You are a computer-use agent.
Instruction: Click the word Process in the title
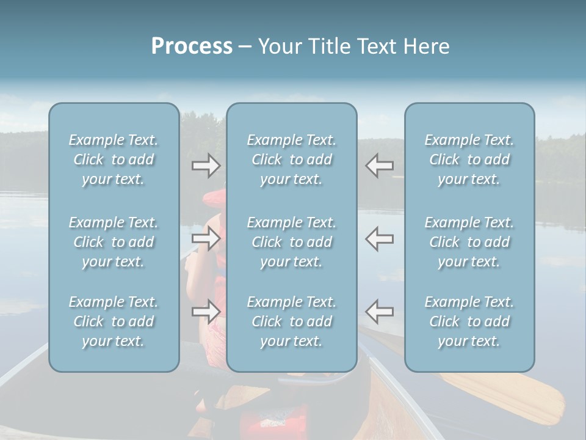(192, 46)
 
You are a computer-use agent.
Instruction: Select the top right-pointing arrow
(206, 165)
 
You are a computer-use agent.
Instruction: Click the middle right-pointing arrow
(206, 238)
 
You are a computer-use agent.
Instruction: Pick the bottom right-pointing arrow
(206, 312)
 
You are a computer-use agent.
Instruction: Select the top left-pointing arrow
(379, 165)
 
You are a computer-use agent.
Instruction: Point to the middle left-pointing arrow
(379, 238)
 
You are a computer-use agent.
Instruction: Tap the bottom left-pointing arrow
(379, 312)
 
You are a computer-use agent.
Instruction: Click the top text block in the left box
(114, 159)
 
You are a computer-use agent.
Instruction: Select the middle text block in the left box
(114, 242)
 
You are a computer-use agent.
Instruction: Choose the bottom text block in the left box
(114, 321)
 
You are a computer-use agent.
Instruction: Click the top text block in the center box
(292, 159)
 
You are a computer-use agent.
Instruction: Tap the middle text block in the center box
(292, 242)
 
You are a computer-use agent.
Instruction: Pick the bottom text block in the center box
(292, 321)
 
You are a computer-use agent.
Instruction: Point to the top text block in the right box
(469, 159)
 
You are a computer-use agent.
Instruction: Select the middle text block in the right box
(469, 242)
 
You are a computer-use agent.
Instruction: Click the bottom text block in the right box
(469, 321)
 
